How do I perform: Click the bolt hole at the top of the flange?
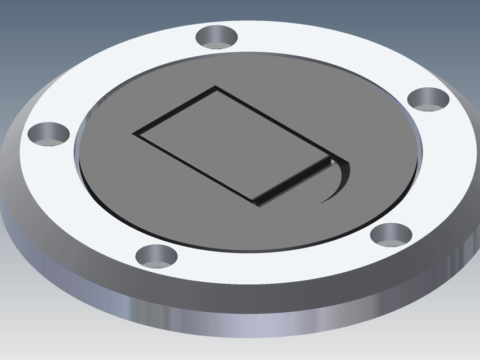pos(217,37)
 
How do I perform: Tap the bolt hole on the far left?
pos(49,134)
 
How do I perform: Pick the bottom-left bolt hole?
pos(157,255)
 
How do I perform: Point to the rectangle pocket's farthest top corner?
pos(216,87)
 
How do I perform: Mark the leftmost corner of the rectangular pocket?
pos(134,134)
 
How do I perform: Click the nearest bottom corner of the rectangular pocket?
pos(258,204)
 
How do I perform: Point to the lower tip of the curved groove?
pos(322,201)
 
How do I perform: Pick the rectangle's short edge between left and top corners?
pos(174,110)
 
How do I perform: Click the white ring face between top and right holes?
pos(338,51)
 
